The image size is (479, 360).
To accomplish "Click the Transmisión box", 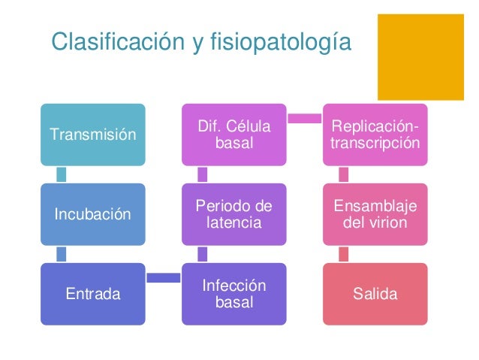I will [x=93, y=135].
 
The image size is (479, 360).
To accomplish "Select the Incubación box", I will [x=93, y=213].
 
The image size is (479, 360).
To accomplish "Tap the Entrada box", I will [x=93, y=294].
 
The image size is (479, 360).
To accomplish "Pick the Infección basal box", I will [x=234, y=294].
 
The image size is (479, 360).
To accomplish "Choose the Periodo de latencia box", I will [x=234, y=214].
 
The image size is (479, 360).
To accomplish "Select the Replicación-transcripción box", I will [x=376, y=134].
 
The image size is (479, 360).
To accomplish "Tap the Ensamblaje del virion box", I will [x=376, y=214].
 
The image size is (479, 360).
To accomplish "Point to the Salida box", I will [x=376, y=294].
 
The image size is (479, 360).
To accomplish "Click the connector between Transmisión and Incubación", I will [x=62, y=174].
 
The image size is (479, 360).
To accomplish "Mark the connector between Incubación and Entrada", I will [x=62, y=254].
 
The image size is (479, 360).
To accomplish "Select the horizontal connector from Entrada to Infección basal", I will [x=164, y=278].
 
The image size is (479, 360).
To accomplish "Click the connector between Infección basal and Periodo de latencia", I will [x=203, y=254].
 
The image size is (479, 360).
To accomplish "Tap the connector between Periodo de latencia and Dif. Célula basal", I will [x=203, y=174].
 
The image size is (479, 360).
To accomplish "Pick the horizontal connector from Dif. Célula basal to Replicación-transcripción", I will [x=305, y=117].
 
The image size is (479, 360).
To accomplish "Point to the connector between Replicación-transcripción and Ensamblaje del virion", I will [x=344, y=174].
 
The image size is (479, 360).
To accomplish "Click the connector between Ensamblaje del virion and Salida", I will [x=344, y=254].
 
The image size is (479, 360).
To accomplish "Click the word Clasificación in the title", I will [x=113, y=43].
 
